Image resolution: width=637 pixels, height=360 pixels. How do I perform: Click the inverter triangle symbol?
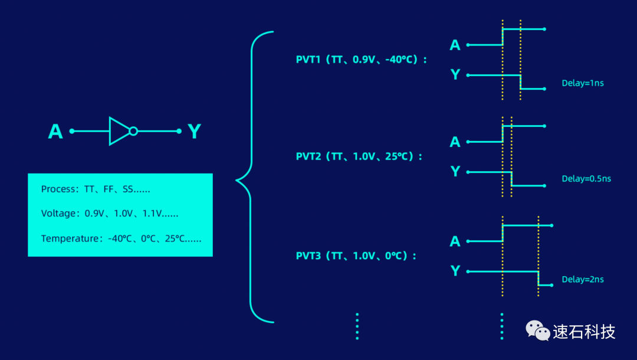click(x=119, y=131)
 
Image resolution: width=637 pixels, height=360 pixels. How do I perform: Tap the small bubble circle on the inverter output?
click(x=133, y=131)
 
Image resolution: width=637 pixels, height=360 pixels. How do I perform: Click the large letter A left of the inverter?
click(x=55, y=132)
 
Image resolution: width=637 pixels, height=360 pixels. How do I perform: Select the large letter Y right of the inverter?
click(x=194, y=132)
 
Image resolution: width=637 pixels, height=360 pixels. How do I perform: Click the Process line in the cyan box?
click(x=96, y=189)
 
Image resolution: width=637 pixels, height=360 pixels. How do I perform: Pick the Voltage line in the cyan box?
click(x=110, y=214)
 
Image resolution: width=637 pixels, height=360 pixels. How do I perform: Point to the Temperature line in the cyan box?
click(x=121, y=238)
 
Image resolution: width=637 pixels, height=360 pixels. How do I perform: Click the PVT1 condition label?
click(x=361, y=60)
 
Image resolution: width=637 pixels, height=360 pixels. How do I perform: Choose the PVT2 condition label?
click(x=359, y=156)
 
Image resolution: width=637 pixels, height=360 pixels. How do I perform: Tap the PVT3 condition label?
click(x=356, y=256)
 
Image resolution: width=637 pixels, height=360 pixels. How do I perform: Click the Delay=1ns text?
click(x=582, y=83)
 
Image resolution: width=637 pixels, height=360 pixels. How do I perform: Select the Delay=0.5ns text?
click(x=586, y=179)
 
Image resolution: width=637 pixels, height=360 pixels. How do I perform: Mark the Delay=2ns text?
click(x=582, y=280)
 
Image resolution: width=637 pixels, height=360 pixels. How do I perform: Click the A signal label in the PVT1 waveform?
click(x=455, y=45)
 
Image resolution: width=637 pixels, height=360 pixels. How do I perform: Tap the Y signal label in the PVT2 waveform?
click(x=455, y=172)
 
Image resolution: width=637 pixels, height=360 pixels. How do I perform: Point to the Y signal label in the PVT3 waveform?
click(x=455, y=271)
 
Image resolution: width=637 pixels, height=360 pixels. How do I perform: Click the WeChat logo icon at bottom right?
click(x=538, y=330)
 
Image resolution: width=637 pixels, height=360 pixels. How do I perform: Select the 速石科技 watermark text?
click(x=584, y=332)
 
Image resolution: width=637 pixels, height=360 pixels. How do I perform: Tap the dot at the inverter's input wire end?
click(x=72, y=131)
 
